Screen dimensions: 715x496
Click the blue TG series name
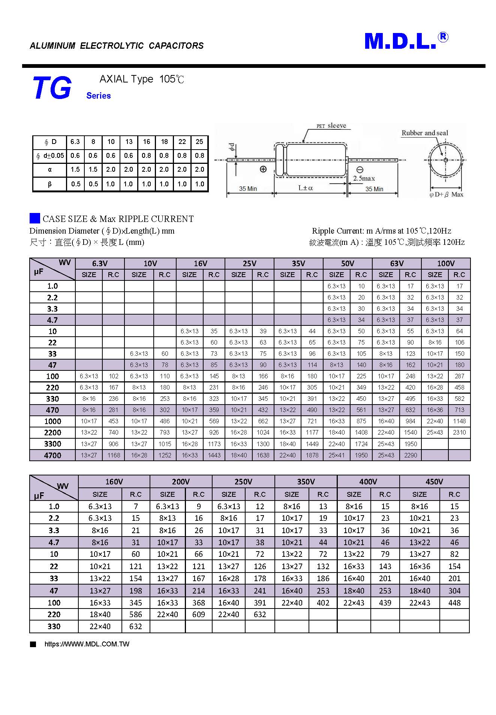pos(52,88)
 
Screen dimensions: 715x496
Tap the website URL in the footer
pos(87,644)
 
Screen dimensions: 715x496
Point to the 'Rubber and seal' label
pos(424,133)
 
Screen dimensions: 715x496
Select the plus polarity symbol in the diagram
pos(263,169)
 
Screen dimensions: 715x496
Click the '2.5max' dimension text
pos(364,178)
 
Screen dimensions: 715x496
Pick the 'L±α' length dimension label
pos(306,188)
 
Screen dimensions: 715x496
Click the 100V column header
pos(445,263)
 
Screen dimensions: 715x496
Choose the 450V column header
pos(434,481)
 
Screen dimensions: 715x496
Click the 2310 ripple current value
pos(459,432)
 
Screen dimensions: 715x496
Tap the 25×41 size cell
pos(336,455)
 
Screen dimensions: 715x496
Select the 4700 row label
pos(52,455)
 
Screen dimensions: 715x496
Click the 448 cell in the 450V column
pos(454,603)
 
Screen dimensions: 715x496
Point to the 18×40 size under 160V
pos(100,615)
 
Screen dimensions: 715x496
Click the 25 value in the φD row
pos(199,142)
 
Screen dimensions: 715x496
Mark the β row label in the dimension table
pos(49,184)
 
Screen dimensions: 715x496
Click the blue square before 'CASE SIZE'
pos(35,218)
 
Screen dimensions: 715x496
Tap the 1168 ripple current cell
pos(114,455)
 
